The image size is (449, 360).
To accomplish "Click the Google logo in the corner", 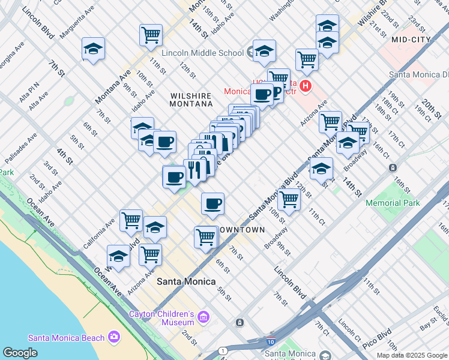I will point(20,353).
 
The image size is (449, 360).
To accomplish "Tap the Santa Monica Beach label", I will point(66,338).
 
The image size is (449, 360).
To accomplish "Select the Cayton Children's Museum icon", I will point(203,316).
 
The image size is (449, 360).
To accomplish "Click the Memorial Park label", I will point(393,203).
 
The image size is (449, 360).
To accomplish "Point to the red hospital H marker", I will point(306,86).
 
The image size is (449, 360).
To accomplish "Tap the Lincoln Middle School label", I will point(203,53).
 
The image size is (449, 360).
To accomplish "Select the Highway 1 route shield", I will point(223,350).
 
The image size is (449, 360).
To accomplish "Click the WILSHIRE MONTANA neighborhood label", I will point(191,100).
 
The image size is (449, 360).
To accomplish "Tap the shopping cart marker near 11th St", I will point(151,35).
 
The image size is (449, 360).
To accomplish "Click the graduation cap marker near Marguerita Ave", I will point(93,49).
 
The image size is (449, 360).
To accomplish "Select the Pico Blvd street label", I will point(377,340).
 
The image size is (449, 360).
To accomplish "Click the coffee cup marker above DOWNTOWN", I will point(212,204).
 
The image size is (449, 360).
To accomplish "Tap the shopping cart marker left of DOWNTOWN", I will point(205,237).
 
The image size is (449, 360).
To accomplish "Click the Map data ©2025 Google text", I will point(412,355).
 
